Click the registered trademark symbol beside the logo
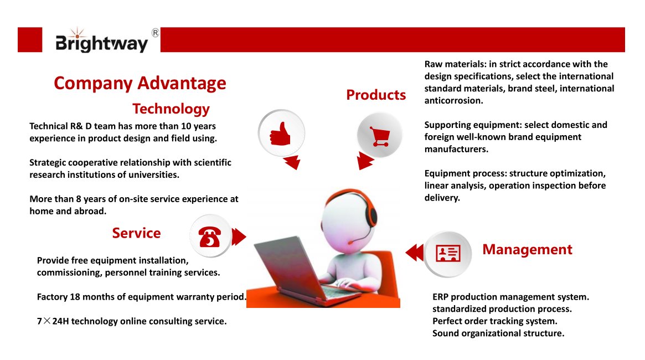point(155,33)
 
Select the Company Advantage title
point(140,83)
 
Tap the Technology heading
point(171,108)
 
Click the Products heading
point(376,95)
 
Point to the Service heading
point(136,233)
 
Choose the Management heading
point(527,249)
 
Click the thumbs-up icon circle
point(281,133)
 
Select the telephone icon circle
point(210,236)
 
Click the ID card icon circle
point(448,254)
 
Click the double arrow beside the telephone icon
point(239,236)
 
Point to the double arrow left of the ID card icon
point(414,253)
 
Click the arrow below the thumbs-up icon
point(291,162)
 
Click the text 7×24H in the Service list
point(52,321)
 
